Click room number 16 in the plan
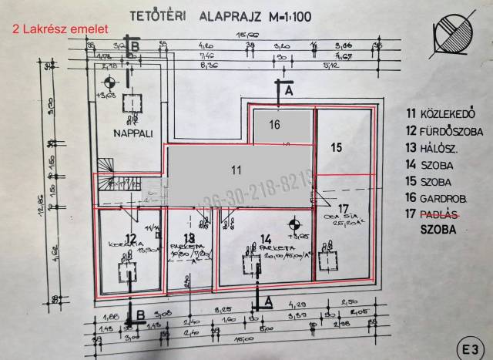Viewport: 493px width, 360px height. [273, 123]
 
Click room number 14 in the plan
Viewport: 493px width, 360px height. [267, 238]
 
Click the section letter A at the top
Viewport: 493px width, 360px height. [289, 91]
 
